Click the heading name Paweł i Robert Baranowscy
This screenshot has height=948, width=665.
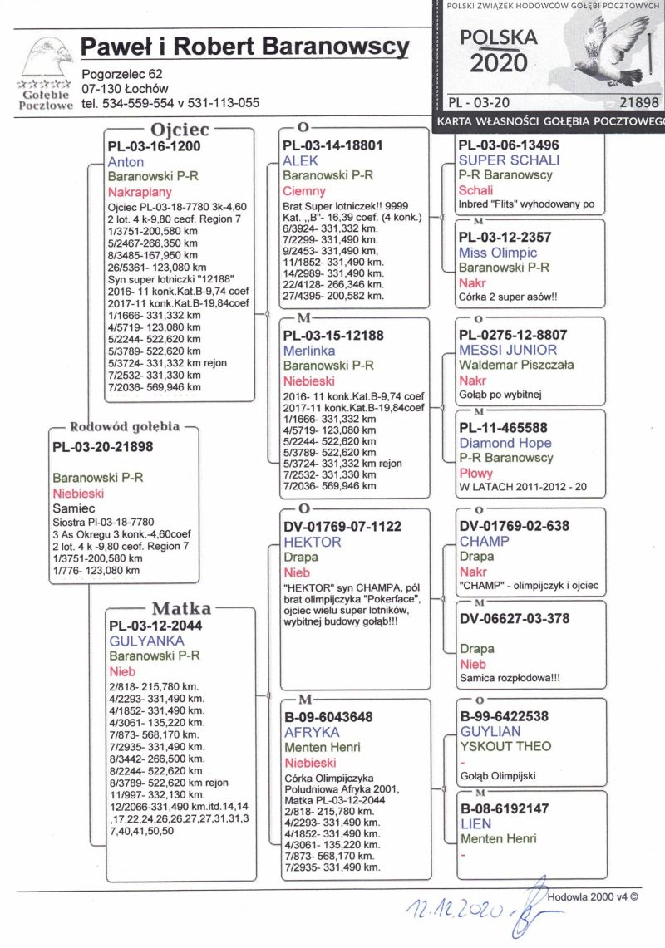pos(245,47)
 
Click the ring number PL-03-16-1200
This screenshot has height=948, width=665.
pos(155,146)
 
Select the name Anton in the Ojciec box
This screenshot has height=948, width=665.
pos(126,161)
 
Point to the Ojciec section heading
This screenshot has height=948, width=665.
pos(180,130)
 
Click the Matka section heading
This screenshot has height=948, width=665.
pos(180,608)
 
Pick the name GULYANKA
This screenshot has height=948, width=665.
pos(146,641)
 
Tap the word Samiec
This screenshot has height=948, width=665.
pos(73,507)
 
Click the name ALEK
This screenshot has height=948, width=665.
pos(301,161)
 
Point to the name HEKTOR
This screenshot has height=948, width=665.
pos(313,542)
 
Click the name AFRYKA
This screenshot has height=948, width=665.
pos(313,733)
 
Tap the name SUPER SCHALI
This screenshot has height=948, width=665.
pos(510,160)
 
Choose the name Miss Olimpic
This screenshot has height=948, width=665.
pos(498,253)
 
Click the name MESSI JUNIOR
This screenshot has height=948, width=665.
pos(512,351)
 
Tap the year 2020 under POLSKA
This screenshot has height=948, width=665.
pos(499,63)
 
